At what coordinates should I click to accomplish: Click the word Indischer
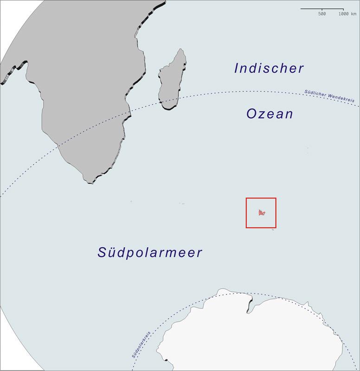(269, 69)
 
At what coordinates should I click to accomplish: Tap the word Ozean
(270, 114)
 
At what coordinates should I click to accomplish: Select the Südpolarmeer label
(150, 253)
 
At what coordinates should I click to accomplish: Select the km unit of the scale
(354, 14)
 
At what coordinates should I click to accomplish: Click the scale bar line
(322, 9)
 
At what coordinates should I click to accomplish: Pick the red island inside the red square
(261, 213)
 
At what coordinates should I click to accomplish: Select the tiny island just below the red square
(273, 230)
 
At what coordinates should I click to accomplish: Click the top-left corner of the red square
(246, 198)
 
